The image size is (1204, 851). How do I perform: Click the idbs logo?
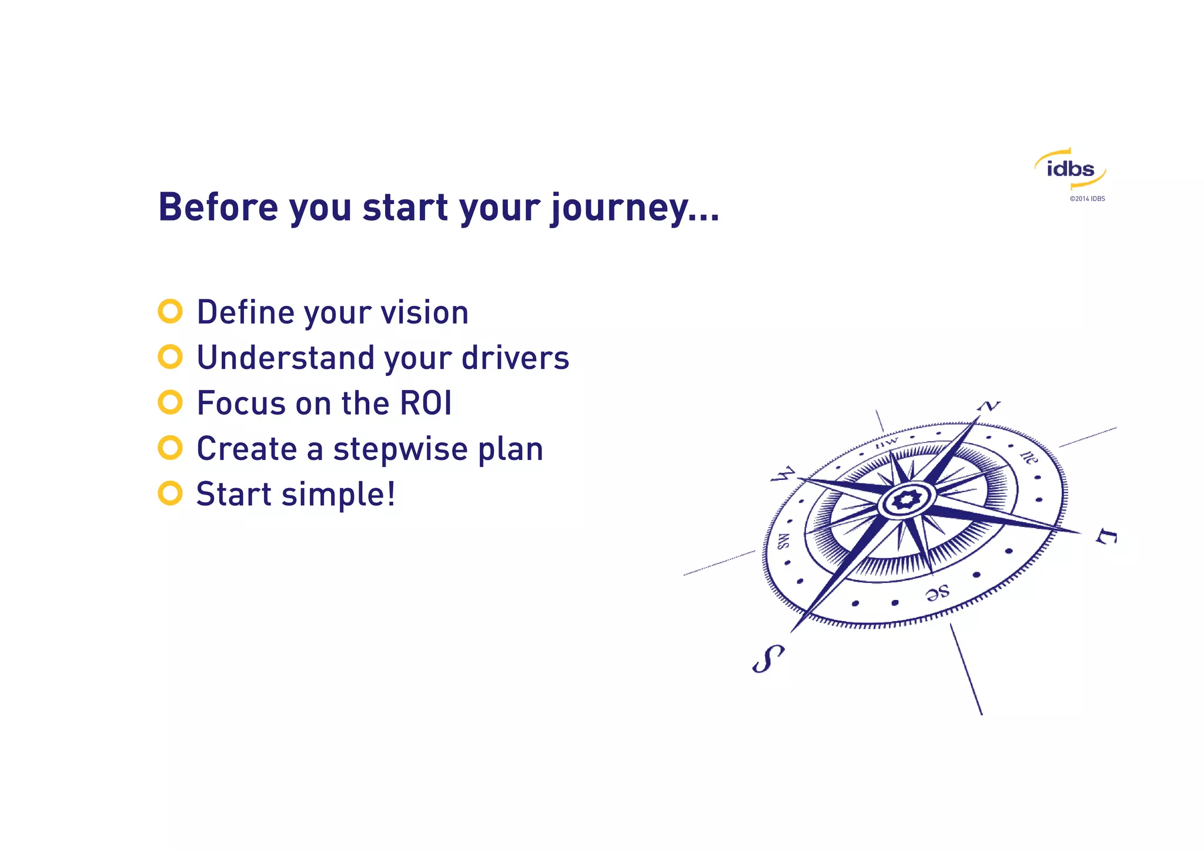tap(1070, 169)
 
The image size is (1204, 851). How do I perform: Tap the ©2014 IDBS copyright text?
tap(1087, 199)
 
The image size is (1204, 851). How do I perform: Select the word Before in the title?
tap(218, 207)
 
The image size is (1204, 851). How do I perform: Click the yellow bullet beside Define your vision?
tap(170, 311)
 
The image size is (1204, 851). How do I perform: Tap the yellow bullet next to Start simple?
tap(170, 493)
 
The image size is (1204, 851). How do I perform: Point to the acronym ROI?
tap(426, 403)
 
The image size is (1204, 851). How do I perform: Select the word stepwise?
tap(400, 449)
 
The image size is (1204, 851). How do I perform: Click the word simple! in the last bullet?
tap(338, 495)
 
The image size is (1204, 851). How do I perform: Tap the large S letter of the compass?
tap(768, 658)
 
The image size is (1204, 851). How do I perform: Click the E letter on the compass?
tap(1106, 536)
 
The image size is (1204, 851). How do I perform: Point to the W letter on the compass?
tap(783, 474)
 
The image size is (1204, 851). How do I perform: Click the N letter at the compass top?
tap(989, 406)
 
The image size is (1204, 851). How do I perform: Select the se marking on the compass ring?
tap(937, 592)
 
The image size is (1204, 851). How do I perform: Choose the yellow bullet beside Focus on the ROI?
tap(170, 402)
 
